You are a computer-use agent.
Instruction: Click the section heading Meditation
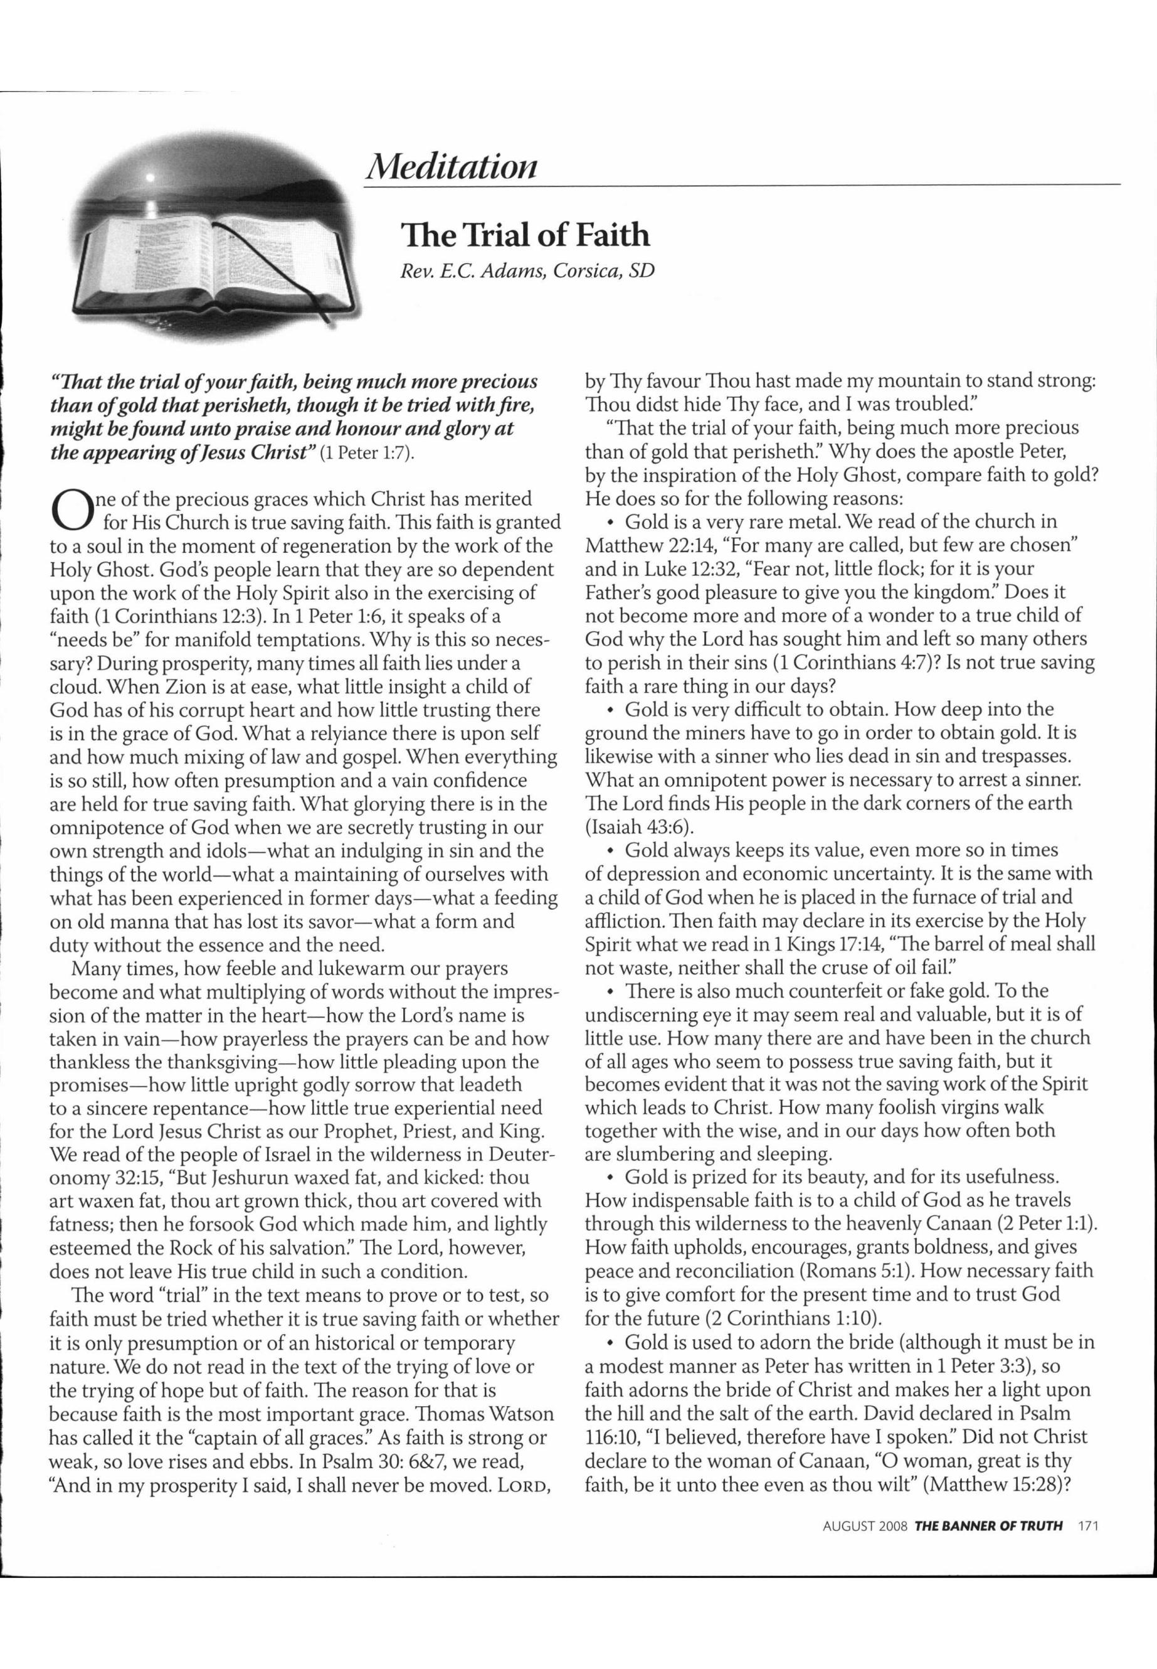(x=452, y=166)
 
